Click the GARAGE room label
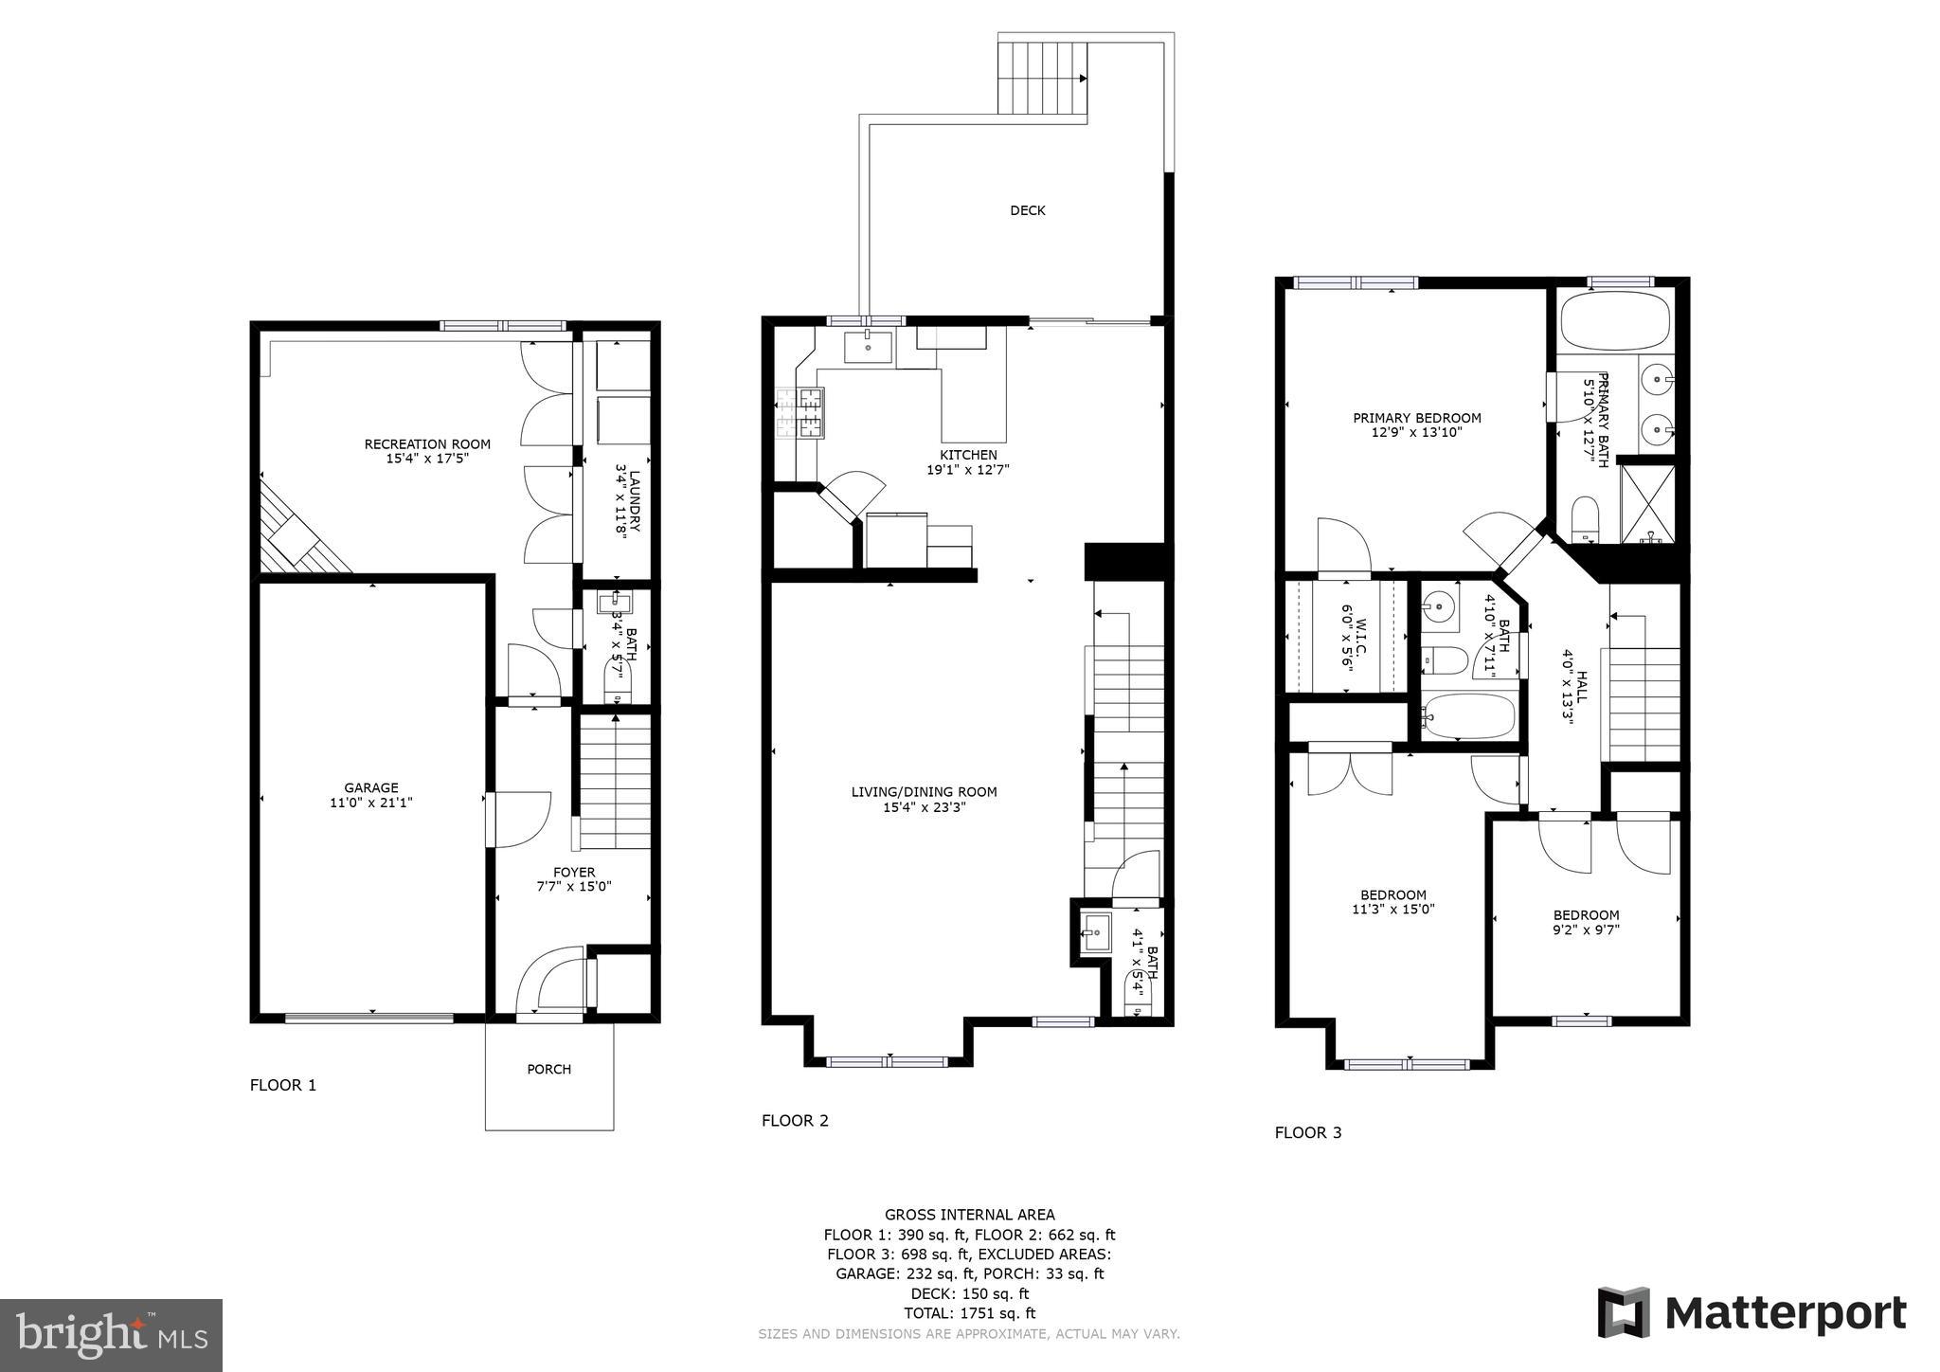[370, 787]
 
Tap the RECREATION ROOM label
[427, 443]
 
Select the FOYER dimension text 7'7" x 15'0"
[574, 887]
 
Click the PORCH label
[548, 1069]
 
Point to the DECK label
[1027, 210]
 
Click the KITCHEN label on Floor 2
[968, 455]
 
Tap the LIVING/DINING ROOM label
[924, 792]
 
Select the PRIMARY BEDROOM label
[1416, 418]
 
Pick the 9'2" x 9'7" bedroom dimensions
[1586, 930]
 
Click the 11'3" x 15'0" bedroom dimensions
[1392, 909]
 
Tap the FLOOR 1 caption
[282, 1085]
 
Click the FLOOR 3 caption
[1307, 1132]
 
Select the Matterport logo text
[1785, 1313]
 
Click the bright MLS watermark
[111, 1336]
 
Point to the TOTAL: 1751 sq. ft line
[969, 1313]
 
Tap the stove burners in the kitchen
[800, 413]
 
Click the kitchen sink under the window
[868, 347]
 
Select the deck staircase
[1042, 78]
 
